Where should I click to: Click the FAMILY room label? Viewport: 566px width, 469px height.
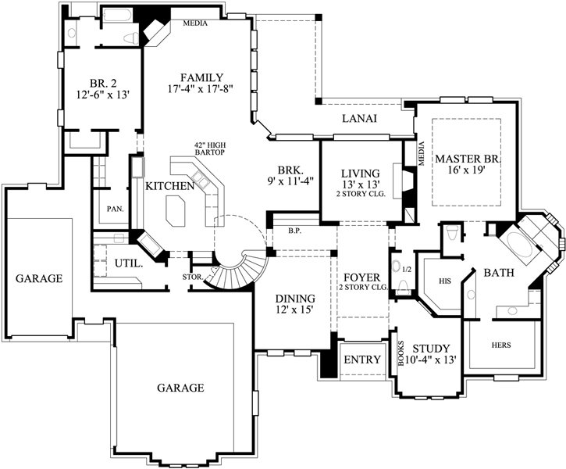coord(202,78)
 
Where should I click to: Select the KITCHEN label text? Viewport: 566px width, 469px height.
coord(169,186)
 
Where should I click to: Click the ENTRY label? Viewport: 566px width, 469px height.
coord(361,360)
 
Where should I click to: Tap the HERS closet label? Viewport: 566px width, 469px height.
coord(501,344)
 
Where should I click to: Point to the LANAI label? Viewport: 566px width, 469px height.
coord(360,119)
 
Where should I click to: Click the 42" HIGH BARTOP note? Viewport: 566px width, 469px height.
coord(210,148)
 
